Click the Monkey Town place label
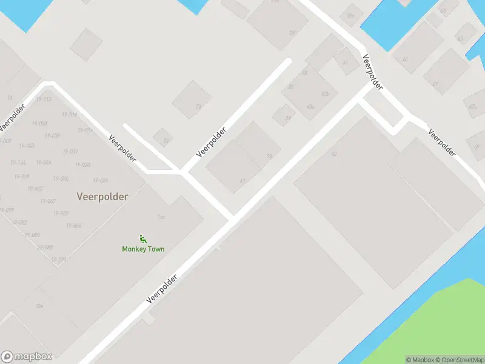tap(143, 249)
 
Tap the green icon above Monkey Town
tap(143, 238)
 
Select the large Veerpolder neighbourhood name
tap(103, 197)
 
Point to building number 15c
tap(161, 217)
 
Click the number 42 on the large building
tap(334, 154)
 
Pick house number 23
tap(198, 106)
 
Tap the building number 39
tap(269, 156)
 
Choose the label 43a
tap(310, 107)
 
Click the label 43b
tap(326, 93)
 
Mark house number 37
tap(435, 84)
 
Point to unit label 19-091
tap(59, 260)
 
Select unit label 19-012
tap(44, 99)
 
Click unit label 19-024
tap(100, 180)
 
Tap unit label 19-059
tap(60, 213)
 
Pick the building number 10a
tap(39, 306)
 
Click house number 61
tap(405, 59)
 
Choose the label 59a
tap(350, 16)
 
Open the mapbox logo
tap(27, 357)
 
